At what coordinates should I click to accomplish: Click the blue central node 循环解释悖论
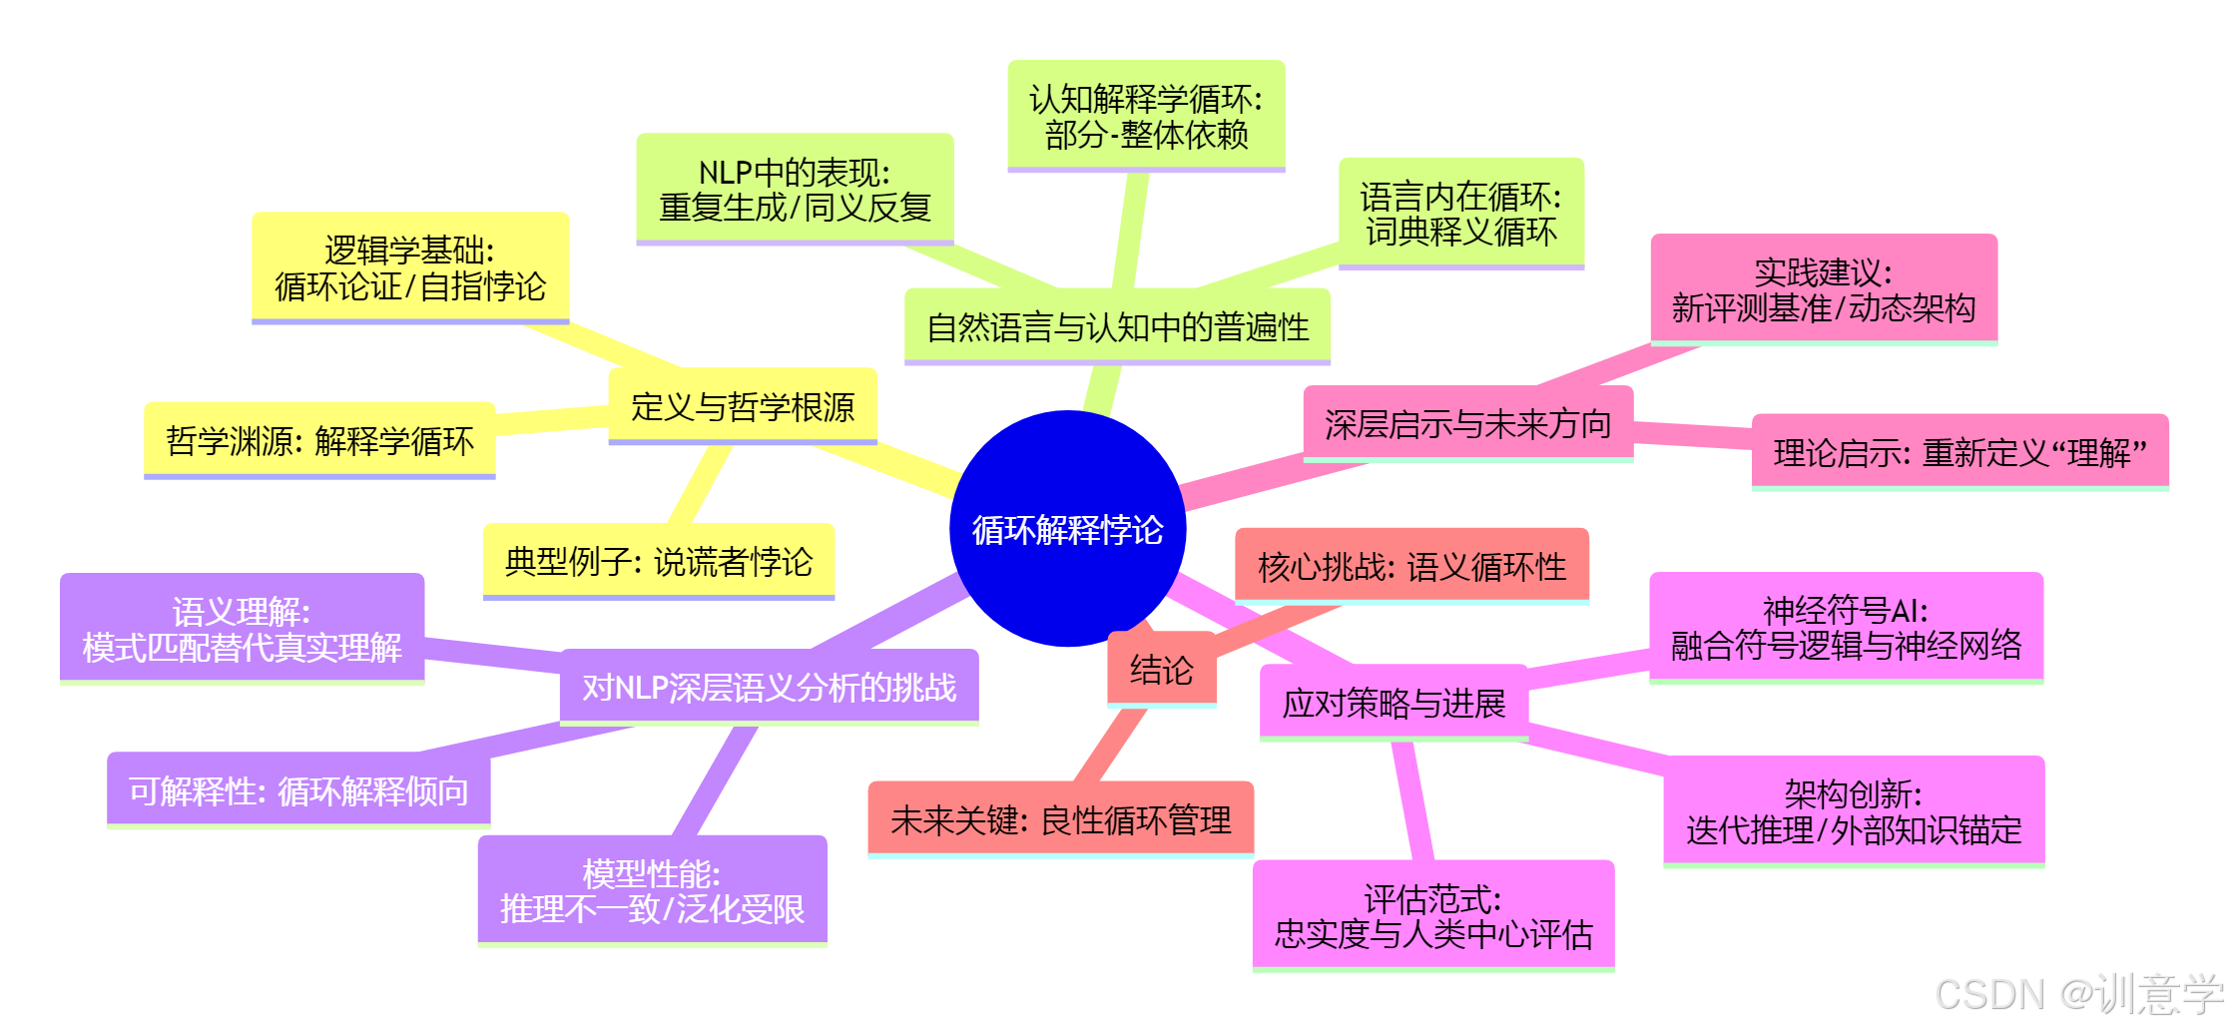tap(1067, 528)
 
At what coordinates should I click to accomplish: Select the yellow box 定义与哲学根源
tap(743, 406)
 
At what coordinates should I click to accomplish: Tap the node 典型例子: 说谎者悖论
tap(659, 561)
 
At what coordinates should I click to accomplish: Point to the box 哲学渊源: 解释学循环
tap(319, 440)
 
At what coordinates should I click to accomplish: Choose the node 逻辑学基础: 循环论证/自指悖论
tap(410, 267)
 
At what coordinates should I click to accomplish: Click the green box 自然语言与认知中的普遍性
tap(1117, 326)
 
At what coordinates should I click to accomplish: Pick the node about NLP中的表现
tap(795, 190)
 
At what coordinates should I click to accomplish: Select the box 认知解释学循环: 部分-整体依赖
tap(1146, 116)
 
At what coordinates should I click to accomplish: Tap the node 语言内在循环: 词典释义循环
tap(1460, 214)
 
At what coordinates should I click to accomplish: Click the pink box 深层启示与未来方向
tap(1467, 424)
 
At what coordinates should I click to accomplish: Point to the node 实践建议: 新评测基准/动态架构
tap(1824, 289)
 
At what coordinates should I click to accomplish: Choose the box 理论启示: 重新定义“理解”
tap(1959, 452)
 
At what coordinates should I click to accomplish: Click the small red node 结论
tap(1161, 669)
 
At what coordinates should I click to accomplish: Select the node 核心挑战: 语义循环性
tap(1411, 567)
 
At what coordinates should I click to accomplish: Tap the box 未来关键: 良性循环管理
tap(1060, 819)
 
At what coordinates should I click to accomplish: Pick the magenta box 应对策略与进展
tap(1393, 703)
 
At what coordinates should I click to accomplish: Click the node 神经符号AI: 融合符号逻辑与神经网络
tap(1846, 627)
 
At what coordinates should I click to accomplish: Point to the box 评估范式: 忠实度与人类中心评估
tap(1432, 915)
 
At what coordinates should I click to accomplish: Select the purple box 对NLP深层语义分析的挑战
tap(769, 687)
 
